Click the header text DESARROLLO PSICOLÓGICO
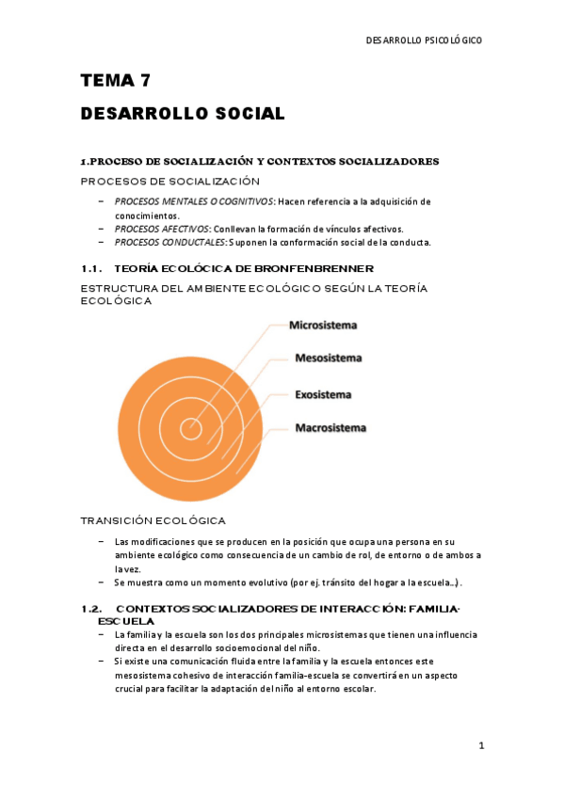[423, 40]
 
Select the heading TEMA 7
[116, 81]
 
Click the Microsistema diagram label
[323, 326]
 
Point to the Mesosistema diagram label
[329, 358]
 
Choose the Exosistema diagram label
[323, 394]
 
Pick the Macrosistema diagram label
[330, 428]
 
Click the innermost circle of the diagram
[191, 429]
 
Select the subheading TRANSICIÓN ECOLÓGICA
[153, 520]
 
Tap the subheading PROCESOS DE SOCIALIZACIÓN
[169, 181]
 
